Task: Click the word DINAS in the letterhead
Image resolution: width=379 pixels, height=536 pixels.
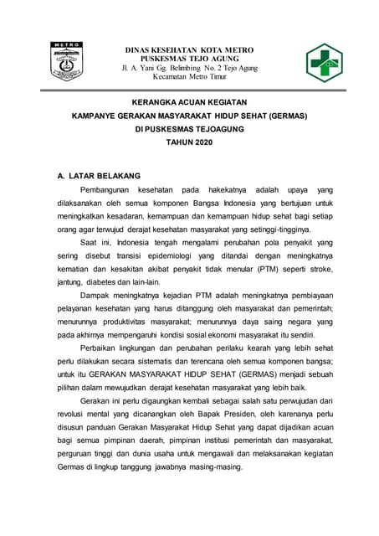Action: [x=138, y=50]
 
